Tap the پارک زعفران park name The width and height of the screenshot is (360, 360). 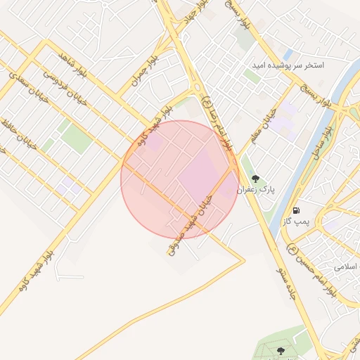click(255, 189)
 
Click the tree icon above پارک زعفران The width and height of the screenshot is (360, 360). click(255, 179)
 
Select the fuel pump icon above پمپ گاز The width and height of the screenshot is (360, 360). click(296, 210)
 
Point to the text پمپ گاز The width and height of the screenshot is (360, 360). click(296, 221)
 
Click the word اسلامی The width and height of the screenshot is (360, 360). click(346, 268)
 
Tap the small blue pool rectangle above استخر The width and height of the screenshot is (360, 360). click(288, 54)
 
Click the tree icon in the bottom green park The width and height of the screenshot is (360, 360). click(281, 350)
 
